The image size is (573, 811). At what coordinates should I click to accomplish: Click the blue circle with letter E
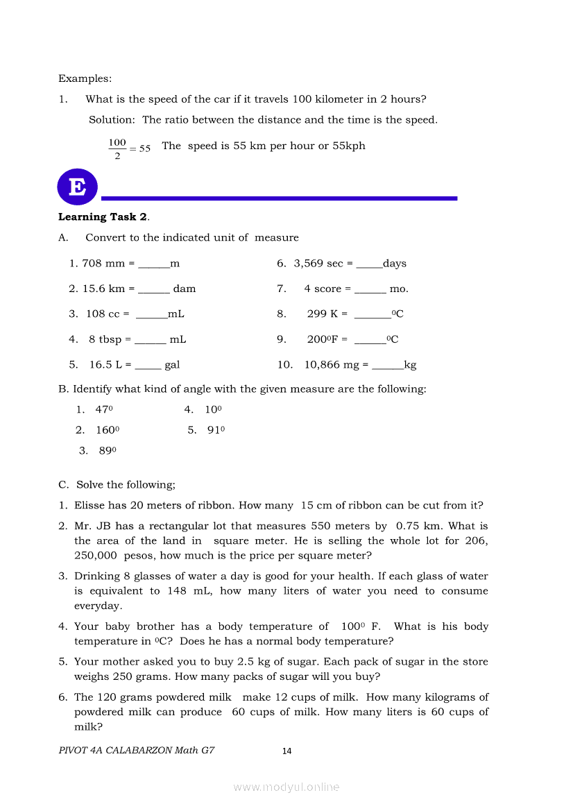78,187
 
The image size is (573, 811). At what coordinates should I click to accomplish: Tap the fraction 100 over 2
117,148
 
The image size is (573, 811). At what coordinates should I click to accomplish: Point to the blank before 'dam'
154,289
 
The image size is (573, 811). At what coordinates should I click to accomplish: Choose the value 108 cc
103,314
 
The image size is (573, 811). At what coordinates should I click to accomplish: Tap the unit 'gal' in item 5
172,365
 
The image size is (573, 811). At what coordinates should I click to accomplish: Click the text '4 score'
323,289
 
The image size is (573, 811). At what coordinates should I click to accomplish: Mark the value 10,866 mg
332,365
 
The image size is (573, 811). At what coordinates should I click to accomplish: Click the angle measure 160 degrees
108,430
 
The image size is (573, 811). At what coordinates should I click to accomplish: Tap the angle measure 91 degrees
216,430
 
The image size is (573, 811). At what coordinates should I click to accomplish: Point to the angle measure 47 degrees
104,410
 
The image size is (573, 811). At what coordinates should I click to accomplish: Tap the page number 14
287,751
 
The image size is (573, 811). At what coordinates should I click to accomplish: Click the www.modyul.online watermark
286,787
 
